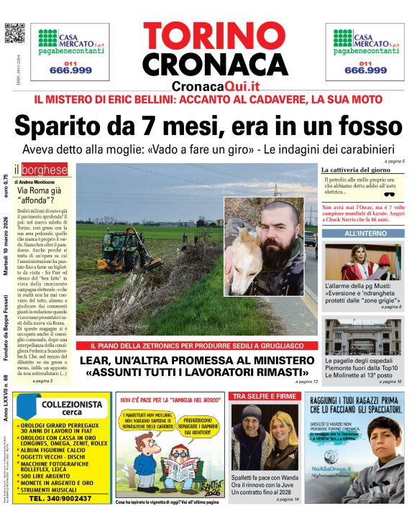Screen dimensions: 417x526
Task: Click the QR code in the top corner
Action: click(x=14, y=33)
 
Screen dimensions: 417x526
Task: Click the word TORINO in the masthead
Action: click(x=215, y=37)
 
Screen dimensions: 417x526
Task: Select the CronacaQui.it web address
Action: click(x=215, y=86)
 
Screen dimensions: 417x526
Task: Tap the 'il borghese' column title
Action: click(x=42, y=170)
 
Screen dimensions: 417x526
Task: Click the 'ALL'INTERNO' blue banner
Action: click(x=365, y=234)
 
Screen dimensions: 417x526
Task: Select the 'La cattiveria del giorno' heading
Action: click(x=355, y=170)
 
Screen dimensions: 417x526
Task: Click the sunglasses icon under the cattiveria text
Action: click(x=390, y=193)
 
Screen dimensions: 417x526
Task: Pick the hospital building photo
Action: click(x=363, y=337)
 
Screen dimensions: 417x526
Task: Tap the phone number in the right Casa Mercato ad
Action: click(x=365, y=70)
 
